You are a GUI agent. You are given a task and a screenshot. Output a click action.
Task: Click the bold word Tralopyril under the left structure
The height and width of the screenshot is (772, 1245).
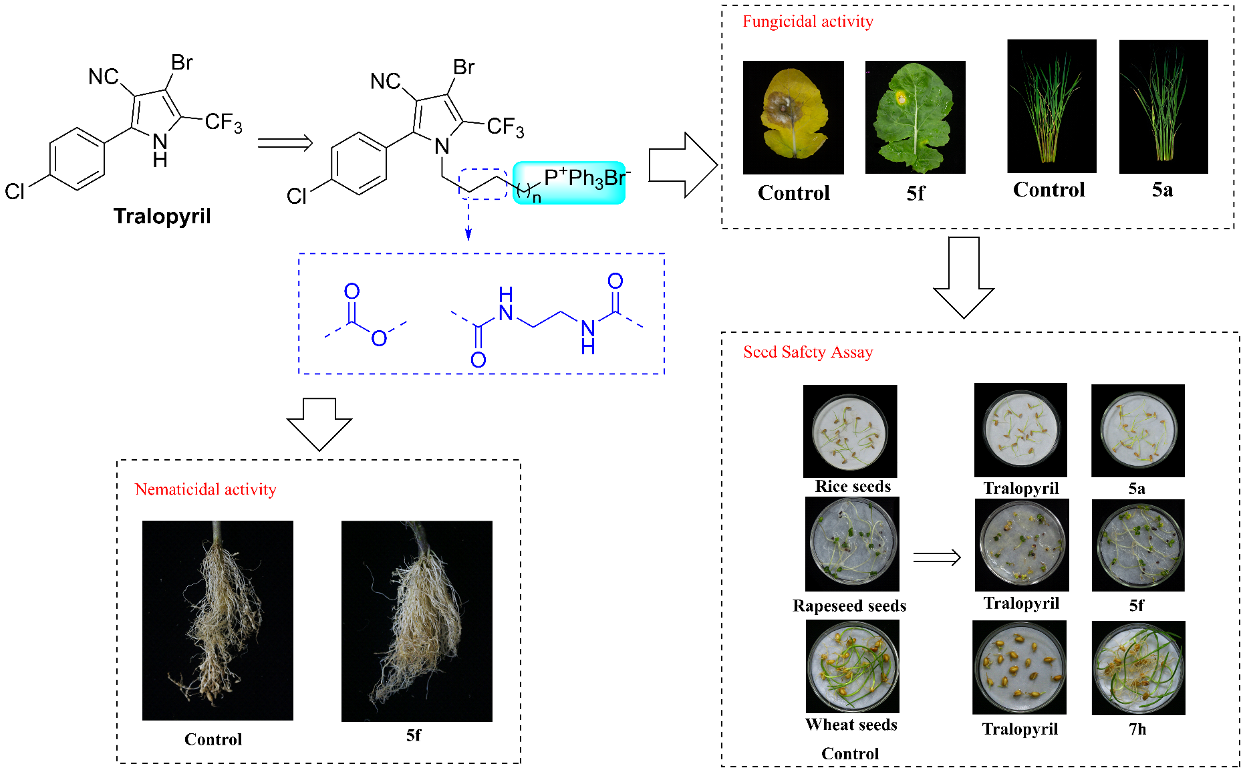click(x=162, y=217)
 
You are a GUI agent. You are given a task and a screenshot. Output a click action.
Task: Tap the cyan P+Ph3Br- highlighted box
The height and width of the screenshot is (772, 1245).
click(x=569, y=182)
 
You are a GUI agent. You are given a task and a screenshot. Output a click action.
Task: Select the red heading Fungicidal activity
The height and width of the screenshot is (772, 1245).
click(x=808, y=21)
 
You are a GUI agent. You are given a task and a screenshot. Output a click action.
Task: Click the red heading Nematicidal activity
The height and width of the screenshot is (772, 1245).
click(x=205, y=489)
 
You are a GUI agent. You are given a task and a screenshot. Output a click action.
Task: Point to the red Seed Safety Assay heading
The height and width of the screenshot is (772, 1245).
click(x=808, y=352)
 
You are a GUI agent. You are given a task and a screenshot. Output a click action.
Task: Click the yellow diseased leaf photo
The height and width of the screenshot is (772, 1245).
click(x=793, y=118)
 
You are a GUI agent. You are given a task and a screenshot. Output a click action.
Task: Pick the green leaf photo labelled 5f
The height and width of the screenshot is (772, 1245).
click(x=916, y=118)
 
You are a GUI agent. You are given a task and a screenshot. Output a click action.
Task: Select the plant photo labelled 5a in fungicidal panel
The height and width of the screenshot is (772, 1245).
click(x=1163, y=107)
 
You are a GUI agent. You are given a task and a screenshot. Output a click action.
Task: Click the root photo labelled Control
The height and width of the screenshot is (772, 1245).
click(x=218, y=620)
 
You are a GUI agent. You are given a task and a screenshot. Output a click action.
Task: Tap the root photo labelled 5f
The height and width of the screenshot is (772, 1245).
click(x=417, y=621)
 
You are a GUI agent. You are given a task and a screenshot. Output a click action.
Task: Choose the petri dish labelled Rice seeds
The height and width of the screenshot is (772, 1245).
click(x=850, y=431)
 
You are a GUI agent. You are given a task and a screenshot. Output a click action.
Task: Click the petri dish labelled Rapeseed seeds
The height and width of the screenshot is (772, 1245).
click(x=852, y=544)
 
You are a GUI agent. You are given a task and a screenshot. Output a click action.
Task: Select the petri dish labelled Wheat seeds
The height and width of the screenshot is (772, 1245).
click(x=853, y=666)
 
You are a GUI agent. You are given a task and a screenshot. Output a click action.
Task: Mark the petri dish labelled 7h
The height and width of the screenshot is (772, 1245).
click(x=1139, y=668)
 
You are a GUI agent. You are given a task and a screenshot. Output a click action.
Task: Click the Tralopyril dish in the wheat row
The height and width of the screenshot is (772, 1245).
click(x=1019, y=668)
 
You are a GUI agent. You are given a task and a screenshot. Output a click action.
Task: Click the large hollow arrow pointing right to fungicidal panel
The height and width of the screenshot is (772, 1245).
click(x=683, y=165)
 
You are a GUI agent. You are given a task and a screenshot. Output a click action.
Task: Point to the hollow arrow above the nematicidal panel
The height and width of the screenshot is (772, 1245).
click(x=319, y=425)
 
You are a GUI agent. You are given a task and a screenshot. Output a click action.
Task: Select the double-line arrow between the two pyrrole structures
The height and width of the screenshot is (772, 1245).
click(x=285, y=143)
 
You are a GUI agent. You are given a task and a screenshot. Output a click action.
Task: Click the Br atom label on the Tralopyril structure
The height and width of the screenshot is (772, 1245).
click(x=182, y=63)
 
